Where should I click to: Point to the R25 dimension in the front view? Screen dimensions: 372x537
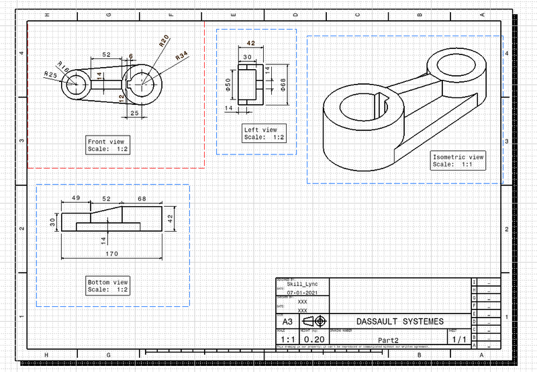[50, 74]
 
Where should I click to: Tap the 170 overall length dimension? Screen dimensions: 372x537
[111, 254]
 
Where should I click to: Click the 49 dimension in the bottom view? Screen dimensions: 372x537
[76, 198]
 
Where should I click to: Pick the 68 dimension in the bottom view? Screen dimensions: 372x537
[142, 198]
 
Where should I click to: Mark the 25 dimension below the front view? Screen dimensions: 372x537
[134, 113]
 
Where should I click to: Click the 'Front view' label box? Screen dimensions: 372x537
[107, 145]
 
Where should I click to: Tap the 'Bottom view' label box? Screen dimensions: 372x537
[107, 285]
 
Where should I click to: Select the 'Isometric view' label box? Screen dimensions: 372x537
[458, 160]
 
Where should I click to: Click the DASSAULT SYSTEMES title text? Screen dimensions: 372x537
[399, 322]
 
